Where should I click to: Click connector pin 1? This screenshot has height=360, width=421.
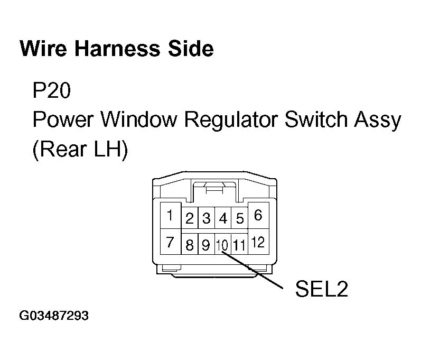tap(170, 216)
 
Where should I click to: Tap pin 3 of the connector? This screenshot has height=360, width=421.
tap(207, 218)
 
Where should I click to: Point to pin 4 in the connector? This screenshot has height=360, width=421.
tap(223, 218)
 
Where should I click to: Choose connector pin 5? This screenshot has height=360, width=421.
tap(240, 218)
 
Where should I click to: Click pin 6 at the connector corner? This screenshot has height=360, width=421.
tap(258, 215)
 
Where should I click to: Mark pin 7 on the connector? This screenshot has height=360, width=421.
tap(170, 242)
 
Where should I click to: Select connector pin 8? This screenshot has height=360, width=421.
tap(190, 245)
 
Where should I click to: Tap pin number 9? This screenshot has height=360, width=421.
tap(206, 245)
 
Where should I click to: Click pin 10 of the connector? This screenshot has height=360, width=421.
tap(222, 245)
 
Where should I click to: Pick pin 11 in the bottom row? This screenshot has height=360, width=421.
tap(240, 245)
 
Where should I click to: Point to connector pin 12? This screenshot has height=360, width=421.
tap(258, 243)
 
